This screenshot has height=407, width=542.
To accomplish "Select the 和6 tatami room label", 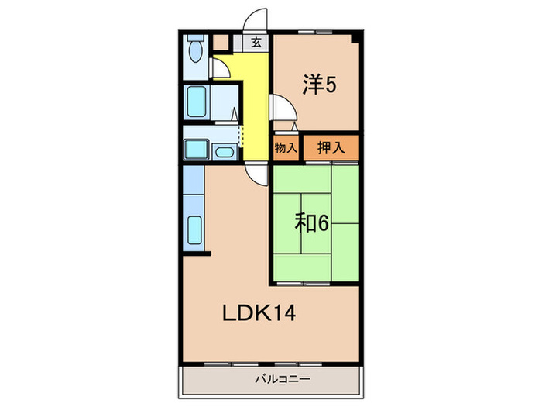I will click(311, 223).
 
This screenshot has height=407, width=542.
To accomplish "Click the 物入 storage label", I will click(285, 147).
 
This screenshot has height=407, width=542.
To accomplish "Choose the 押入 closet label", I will click(331, 147).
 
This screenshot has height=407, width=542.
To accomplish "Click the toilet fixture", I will click(194, 51).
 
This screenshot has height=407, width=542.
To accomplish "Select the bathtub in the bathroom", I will click(196, 101).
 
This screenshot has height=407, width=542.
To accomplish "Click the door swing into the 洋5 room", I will click(280, 109).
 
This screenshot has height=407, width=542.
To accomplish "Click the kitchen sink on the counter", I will click(194, 229).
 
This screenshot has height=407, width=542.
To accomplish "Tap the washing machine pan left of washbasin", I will click(196, 149).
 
